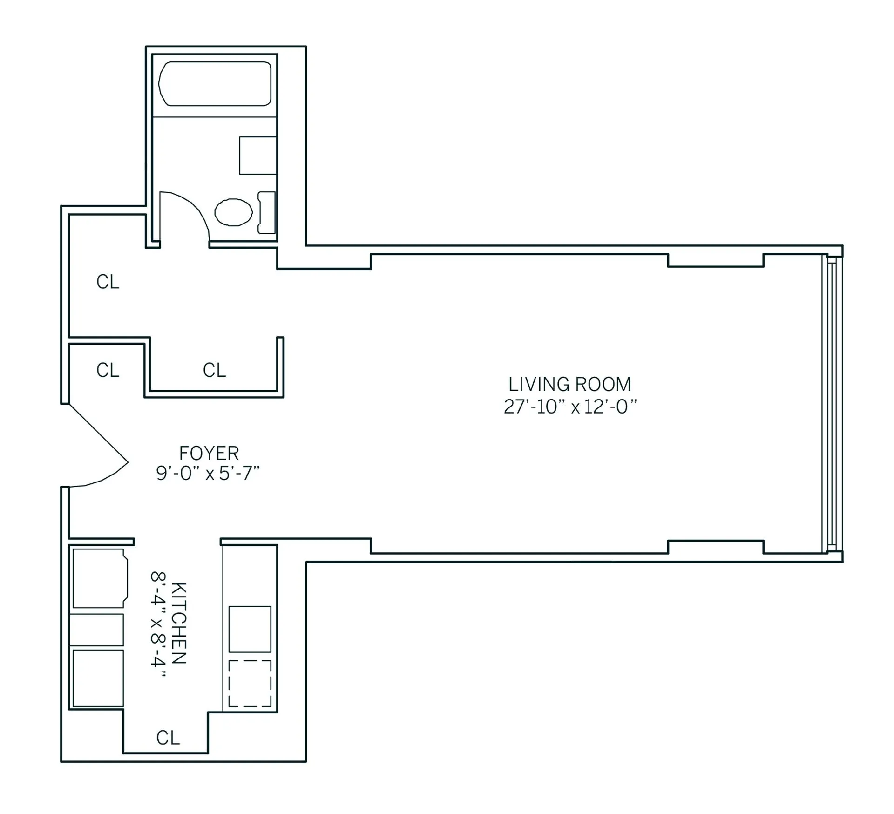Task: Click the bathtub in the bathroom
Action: click(215, 84)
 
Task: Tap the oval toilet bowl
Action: click(233, 212)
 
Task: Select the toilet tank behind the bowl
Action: click(266, 212)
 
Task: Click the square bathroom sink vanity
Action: click(257, 156)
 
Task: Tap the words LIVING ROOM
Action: click(569, 385)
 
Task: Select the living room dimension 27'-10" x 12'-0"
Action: click(569, 407)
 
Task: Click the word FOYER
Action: click(209, 453)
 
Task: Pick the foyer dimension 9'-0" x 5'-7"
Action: click(208, 474)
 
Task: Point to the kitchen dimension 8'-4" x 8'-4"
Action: click(158, 624)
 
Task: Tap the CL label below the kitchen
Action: click(168, 738)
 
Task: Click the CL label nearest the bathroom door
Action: click(108, 282)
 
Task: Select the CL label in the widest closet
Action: click(214, 370)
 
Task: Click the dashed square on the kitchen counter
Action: click(250, 683)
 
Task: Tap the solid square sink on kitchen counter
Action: click(250, 629)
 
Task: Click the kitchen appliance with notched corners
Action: click(99, 578)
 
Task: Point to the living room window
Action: click(832, 403)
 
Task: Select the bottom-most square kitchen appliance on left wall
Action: click(98, 678)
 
